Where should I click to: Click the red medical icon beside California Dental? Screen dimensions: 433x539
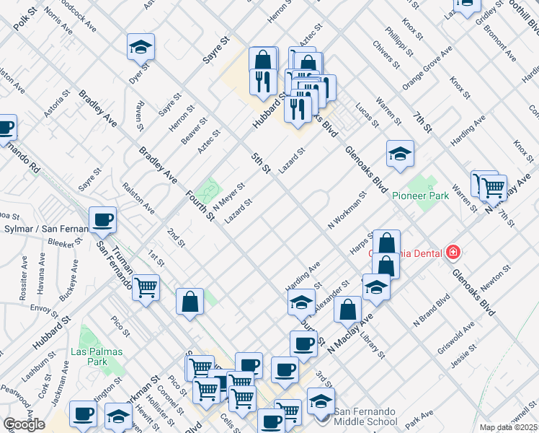point(453,253)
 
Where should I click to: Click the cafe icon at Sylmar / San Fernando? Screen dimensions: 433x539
point(102,219)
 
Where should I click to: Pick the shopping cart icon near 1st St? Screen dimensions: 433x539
point(146,288)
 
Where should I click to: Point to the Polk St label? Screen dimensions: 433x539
point(26,20)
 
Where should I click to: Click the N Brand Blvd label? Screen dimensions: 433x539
point(431,310)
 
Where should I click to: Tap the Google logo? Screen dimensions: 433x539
point(24,424)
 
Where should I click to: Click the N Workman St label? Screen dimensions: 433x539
point(347,209)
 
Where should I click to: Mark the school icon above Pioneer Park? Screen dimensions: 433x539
point(400,154)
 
